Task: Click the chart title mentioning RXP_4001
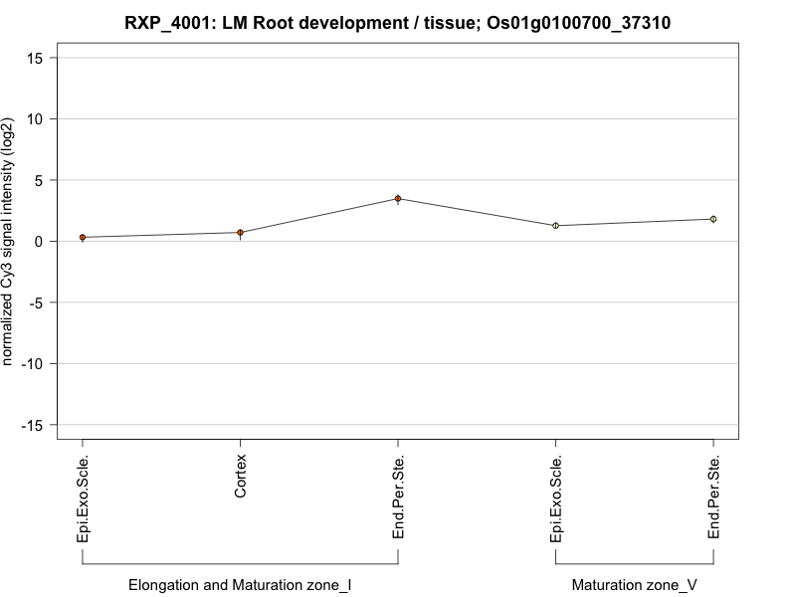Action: [398, 22]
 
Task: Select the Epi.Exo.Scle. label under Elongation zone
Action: [83, 498]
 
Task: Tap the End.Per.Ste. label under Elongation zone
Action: [398, 497]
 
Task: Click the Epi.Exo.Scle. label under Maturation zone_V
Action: [556, 498]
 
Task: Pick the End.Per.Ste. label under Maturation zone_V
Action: [713, 497]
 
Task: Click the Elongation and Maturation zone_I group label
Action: [240, 585]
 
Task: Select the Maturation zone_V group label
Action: [635, 585]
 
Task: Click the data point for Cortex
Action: [240, 233]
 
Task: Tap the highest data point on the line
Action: [398, 199]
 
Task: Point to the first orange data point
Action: [83, 238]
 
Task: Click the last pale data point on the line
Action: [713, 219]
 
